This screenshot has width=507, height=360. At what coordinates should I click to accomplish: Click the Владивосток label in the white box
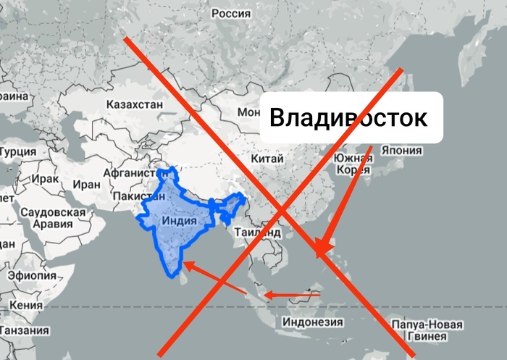click(348, 117)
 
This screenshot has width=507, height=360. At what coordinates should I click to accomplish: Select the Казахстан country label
click(135, 104)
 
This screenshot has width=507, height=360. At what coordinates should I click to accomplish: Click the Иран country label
click(86, 184)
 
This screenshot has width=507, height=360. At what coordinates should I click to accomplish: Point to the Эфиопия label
click(32, 275)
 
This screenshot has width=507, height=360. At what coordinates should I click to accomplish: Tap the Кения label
click(26, 306)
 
